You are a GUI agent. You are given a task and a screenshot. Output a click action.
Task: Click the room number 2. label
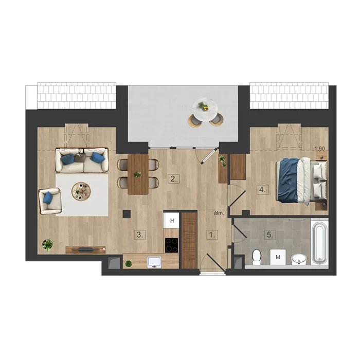(174, 179)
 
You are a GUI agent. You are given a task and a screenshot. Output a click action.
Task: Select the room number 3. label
(140, 235)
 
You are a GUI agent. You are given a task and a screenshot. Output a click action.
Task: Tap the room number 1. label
(212, 235)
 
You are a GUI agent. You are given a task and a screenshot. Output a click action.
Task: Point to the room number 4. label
(262, 190)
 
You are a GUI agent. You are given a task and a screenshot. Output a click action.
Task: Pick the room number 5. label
(270, 235)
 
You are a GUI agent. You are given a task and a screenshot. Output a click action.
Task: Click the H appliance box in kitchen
(171, 221)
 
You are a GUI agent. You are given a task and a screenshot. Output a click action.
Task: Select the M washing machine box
(278, 257)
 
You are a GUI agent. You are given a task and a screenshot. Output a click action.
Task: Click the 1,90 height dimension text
(320, 149)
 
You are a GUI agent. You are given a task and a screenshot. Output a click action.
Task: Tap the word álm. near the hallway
(219, 213)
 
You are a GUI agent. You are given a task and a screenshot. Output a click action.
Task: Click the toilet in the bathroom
(256, 257)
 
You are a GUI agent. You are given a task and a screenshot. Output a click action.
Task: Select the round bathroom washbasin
(299, 259)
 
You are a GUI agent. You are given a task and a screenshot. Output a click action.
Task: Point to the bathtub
(319, 242)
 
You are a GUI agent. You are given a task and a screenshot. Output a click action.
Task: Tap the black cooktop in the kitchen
(171, 245)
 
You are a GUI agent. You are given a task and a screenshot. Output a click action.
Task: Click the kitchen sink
(154, 262)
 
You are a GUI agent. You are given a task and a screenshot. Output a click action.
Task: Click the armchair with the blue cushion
(50, 201)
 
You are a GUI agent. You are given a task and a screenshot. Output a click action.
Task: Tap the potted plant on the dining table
(137, 174)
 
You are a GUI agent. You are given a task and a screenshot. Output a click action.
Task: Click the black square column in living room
(127, 214)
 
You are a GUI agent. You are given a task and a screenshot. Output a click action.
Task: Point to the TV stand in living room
(85, 250)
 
